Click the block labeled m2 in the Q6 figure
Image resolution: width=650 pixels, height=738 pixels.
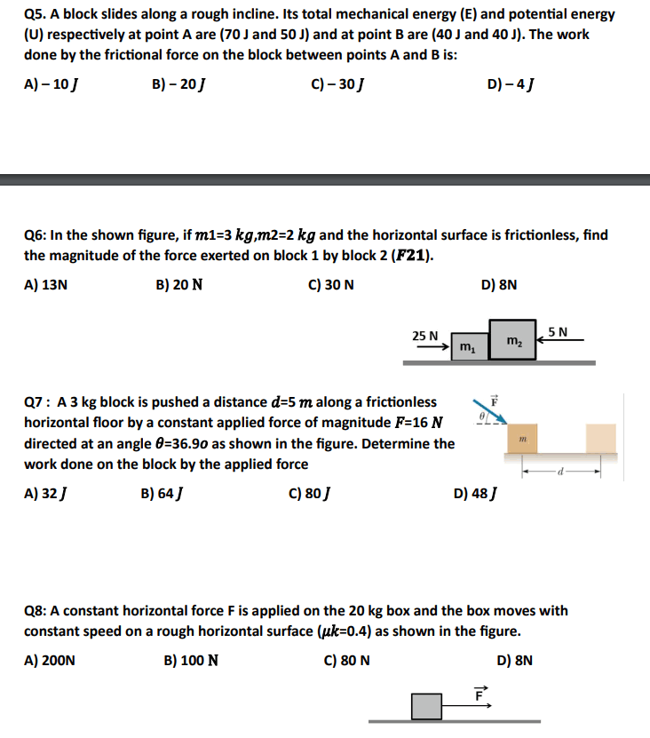coord(512,340)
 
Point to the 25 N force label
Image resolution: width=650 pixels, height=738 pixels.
coord(425,336)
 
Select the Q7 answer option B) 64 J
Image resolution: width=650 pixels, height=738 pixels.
coord(163,493)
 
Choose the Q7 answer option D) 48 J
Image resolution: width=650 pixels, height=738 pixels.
coord(475,493)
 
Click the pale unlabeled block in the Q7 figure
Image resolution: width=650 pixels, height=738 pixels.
coord(600,439)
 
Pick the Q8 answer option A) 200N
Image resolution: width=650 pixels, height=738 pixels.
coord(50,660)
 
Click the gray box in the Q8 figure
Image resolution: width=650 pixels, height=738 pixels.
coord(426,706)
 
